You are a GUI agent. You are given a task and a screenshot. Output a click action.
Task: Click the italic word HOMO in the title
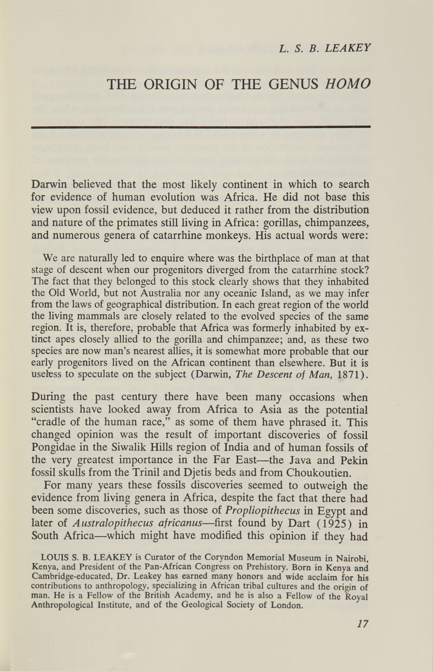coord(343,83)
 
